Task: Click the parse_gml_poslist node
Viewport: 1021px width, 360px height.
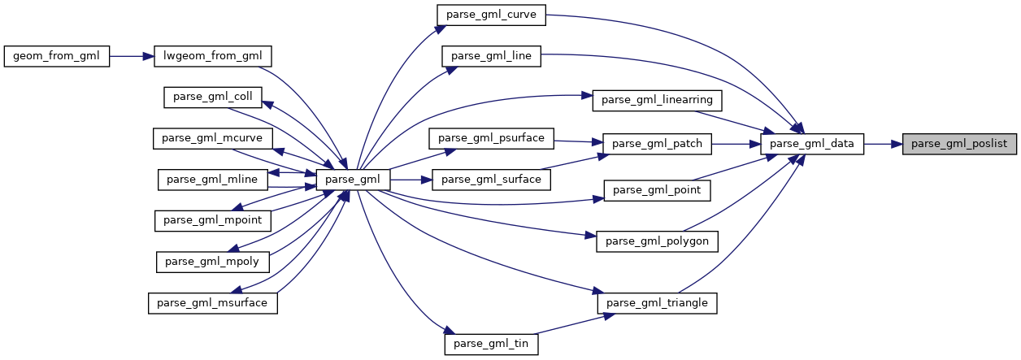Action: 959,144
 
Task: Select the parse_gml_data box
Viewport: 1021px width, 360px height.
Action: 811,144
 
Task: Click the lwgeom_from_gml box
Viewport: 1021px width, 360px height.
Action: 213,56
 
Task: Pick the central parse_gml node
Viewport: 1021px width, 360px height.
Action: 354,179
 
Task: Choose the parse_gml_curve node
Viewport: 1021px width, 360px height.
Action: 491,14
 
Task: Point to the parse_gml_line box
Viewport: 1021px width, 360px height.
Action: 491,56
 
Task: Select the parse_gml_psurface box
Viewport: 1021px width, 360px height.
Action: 491,137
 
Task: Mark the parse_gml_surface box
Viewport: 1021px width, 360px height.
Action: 492,179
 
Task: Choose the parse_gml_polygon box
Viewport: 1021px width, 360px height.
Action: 658,241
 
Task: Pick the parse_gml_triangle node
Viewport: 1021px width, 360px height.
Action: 658,303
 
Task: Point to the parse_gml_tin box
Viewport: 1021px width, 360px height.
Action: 491,344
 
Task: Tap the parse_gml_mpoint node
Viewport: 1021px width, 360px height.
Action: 213,219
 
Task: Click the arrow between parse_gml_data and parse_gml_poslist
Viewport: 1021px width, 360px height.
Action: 883,144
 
